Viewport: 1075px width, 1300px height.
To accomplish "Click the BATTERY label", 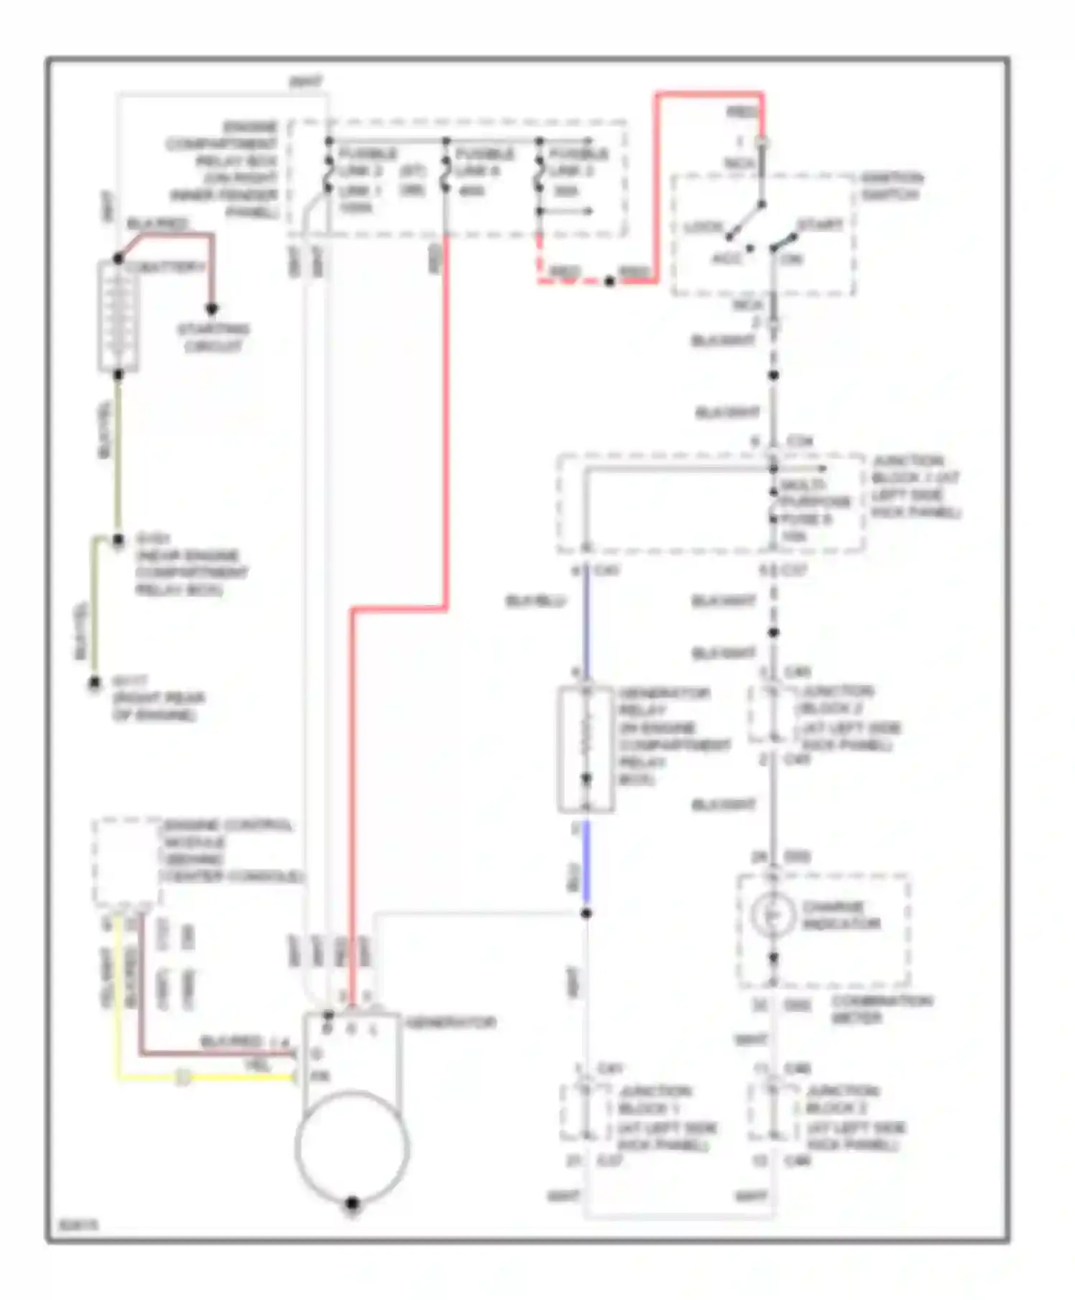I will pos(167,267).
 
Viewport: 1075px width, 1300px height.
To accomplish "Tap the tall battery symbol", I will pos(118,316).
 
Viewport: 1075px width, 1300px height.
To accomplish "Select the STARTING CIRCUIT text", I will pos(213,338).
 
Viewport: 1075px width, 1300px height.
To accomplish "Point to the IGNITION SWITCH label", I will pos(891,186).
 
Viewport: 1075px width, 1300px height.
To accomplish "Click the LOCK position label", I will pos(703,226).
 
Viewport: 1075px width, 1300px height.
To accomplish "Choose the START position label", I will pos(820,225).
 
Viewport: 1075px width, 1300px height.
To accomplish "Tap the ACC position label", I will pos(725,258).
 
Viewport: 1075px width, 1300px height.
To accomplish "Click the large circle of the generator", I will pos(352,1147).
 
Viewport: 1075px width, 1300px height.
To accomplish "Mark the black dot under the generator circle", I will pos(352,1204).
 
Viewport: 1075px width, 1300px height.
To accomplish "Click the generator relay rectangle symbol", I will pos(586,749).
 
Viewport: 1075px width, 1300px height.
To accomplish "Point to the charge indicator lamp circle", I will pos(773,915).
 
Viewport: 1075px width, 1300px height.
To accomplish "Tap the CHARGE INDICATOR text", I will pos(840,915).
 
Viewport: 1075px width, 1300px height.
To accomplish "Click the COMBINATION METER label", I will pos(881,1008).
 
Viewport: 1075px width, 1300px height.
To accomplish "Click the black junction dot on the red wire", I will pos(609,282).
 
